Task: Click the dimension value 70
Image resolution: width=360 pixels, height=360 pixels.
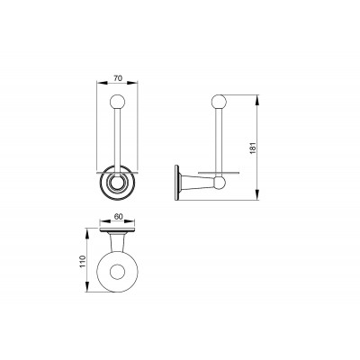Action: coord(118,78)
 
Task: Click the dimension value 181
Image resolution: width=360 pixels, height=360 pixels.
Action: coord(253,147)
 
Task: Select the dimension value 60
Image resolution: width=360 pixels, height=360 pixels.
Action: coord(119,217)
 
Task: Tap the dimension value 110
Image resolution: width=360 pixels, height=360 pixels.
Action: coord(83,262)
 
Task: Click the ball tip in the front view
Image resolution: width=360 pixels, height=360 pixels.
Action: coord(117,102)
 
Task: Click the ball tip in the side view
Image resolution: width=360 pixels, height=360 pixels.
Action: coord(219,102)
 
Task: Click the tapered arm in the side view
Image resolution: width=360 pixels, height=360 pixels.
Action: coord(197,183)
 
